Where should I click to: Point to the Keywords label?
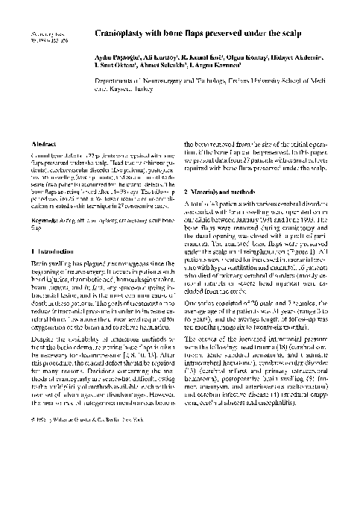tap(42, 221)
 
